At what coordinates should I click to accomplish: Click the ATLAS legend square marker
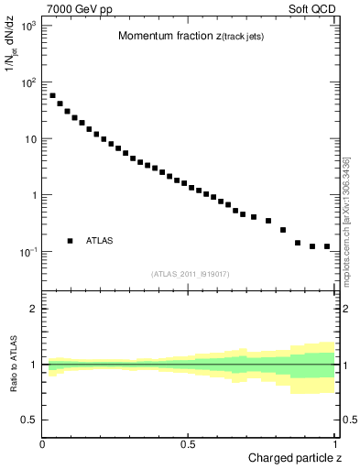click(70, 241)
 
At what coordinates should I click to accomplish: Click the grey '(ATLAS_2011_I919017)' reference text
click(190, 273)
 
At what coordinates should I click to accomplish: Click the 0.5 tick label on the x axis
click(189, 443)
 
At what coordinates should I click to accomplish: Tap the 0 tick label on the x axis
click(43, 443)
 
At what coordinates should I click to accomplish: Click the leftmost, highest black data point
click(52, 95)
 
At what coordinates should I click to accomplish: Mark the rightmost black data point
click(327, 245)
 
